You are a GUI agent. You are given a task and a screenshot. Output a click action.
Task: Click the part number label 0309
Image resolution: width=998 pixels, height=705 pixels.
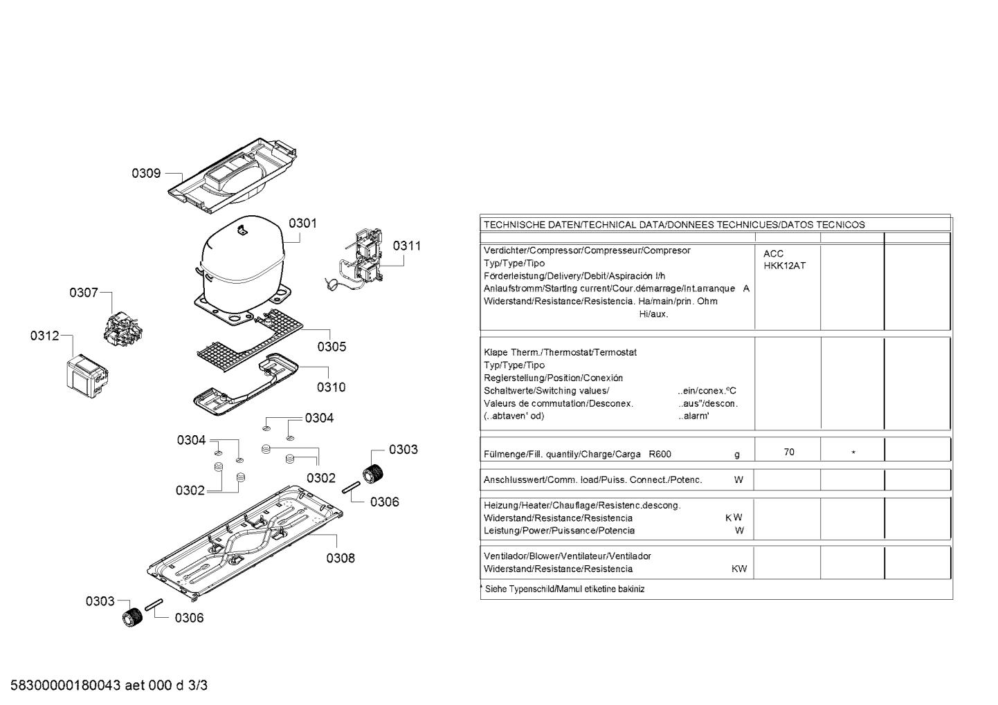pyautogui.click(x=146, y=173)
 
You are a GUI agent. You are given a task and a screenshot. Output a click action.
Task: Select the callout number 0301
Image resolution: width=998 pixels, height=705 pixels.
pyautogui.click(x=302, y=223)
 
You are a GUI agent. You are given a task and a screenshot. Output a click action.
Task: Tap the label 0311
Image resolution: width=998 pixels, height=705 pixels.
pyautogui.click(x=406, y=246)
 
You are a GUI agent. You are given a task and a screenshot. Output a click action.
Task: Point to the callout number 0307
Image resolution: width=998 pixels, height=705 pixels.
pyautogui.click(x=83, y=293)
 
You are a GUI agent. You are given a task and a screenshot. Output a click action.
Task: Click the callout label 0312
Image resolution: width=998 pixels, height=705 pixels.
pyautogui.click(x=44, y=336)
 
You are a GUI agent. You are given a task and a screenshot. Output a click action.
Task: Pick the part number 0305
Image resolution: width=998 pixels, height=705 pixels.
pyautogui.click(x=332, y=347)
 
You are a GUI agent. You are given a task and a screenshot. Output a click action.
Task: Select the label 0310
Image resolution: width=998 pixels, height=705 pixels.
pyautogui.click(x=331, y=387)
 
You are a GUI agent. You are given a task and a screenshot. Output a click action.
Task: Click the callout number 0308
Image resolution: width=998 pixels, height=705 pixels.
pyautogui.click(x=341, y=558)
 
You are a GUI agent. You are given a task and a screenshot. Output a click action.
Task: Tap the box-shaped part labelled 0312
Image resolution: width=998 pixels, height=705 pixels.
pyautogui.click(x=87, y=376)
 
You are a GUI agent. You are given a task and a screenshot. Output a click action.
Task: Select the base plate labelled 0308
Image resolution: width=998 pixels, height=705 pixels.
pyautogui.click(x=245, y=543)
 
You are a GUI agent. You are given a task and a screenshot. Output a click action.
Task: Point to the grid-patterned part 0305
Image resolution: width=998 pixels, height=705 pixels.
pyautogui.click(x=249, y=340)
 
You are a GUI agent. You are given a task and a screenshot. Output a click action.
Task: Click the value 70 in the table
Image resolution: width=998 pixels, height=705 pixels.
pyautogui.click(x=789, y=452)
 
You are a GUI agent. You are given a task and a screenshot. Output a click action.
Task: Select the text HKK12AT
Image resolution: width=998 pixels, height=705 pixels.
pyautogui.click(x=785, y=266)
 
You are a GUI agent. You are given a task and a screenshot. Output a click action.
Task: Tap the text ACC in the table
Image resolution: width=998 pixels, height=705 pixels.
pyautogui.click(x=774, y=254)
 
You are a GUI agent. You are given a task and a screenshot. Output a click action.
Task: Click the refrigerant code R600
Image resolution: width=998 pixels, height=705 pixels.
pyautogui.click(x=660, y=455)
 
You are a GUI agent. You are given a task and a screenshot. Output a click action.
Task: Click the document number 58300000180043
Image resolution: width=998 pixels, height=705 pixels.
pyautogui.click(x=66, y=686)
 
